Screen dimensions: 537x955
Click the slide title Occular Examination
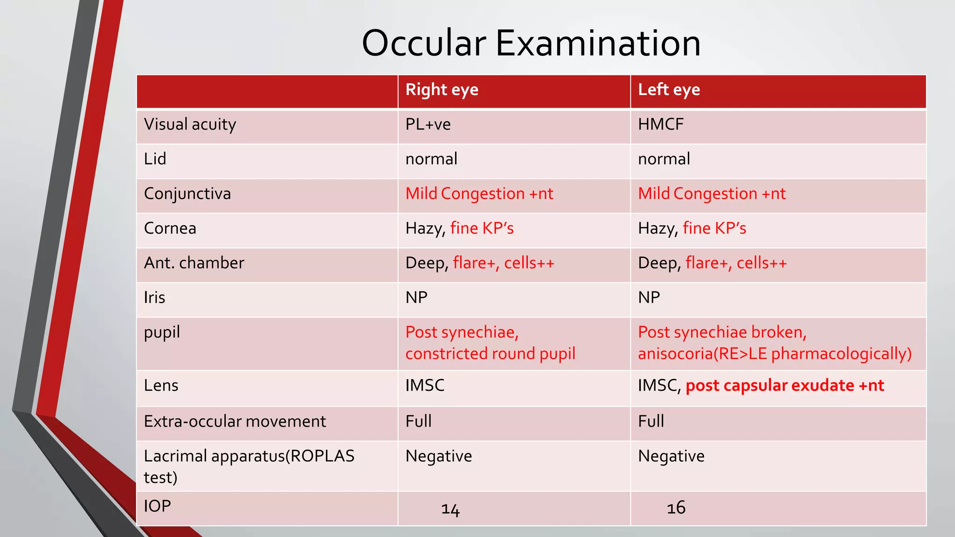(531, 43)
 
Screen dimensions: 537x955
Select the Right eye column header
(442, 89)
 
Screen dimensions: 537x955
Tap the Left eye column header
(669, 89)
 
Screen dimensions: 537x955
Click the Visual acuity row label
(190, 124)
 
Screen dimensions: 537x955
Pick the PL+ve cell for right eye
(428, 124)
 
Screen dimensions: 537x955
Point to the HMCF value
(660, 124)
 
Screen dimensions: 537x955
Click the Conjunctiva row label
(187, 193)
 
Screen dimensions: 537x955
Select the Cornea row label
(170, 228)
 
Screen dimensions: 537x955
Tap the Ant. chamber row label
(194, 263)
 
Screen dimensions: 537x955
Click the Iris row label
(154, 297)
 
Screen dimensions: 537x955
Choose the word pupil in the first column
(161, 333)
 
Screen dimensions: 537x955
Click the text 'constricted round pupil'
(490, 354)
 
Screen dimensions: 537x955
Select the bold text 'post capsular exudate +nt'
(784, 386)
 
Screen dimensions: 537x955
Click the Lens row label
(161, 386)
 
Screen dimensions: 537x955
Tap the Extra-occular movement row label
(235, 421)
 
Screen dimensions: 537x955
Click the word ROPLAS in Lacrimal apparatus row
(322, 456)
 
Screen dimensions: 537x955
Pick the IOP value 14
(450, 509)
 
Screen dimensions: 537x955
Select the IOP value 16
(676, 508)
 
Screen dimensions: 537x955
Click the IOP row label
(157, 506)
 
